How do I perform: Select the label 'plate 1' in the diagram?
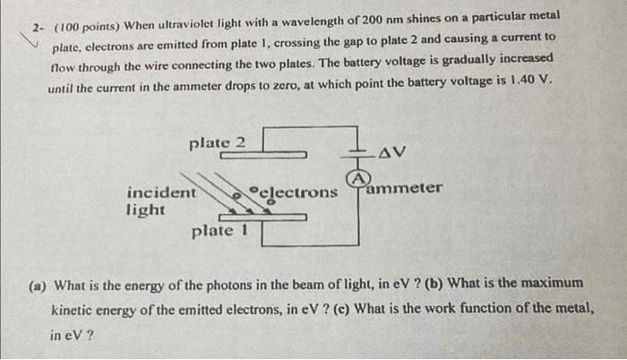click(x=219, y=232)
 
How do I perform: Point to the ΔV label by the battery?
click(x=392, y=152)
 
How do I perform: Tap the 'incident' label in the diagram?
click(x=161, y=193)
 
